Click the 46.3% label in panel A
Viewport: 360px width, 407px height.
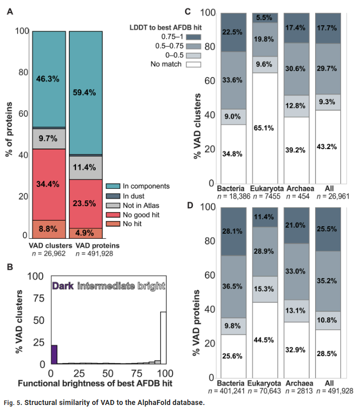click(x=48, y=79)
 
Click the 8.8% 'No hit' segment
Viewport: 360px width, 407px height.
click(x=48, y=228)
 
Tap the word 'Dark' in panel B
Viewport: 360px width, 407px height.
click(x=63, y=286)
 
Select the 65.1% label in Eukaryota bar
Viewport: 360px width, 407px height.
click(x=264, y=128)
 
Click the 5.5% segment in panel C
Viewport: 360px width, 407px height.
click(x=264, y=18)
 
